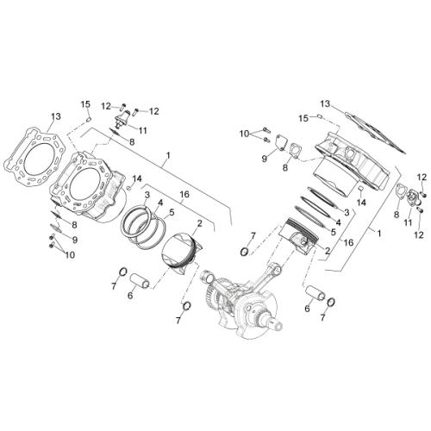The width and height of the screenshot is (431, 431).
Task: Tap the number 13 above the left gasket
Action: (56, 116)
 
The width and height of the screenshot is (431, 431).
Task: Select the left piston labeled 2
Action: (181, 253)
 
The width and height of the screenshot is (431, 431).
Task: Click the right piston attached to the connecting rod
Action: (299, 234)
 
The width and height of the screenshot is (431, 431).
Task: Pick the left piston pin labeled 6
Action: (139, 280)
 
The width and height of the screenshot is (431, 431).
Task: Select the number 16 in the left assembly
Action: (184, 195)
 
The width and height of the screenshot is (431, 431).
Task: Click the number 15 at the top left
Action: (85, 104)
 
